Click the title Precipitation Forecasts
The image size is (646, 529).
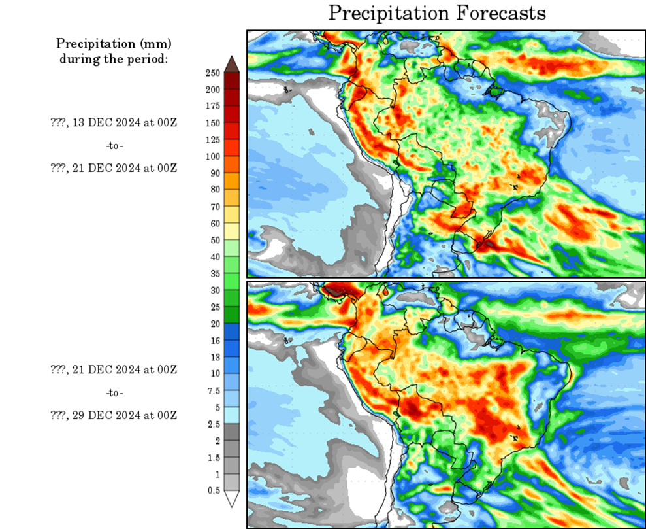[x=436, y=13]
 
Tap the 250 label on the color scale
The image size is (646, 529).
[x=212, y=73]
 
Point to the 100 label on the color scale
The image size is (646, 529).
[x=212, y=156]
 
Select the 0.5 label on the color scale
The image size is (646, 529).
[x=214, y=490]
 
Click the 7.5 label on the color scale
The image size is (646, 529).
[x=214, y=390]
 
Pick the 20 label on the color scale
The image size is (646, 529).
[x=214, y=323]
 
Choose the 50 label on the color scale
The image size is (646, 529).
[x=214, y=240]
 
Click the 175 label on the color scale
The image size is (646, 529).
[x=212, y=106]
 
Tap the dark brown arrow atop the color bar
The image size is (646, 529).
[x=232, y=63]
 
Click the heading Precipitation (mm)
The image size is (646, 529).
[x=114, y=44]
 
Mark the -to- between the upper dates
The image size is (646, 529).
[x=114, y=145]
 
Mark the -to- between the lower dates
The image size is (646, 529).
[x=114, y=393]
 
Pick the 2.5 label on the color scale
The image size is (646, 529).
[x=214, y=423]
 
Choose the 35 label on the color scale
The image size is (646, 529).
[x=214, y=273]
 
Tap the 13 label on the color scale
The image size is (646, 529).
[x=214, y=356]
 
